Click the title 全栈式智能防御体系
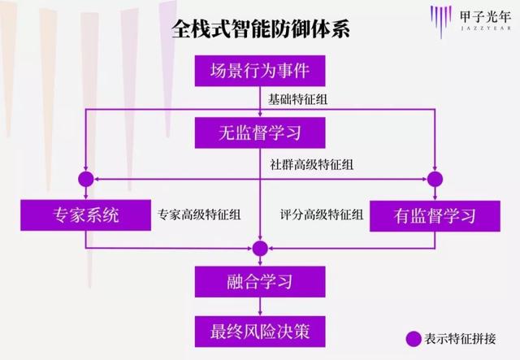(x=261, y=29)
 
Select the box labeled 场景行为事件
(x=260, y=71)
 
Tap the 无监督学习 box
(x=260, y=132)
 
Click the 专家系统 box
(x=85, y=215)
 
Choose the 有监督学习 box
(x=435, y=216)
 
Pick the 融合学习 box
(x=260, y=282)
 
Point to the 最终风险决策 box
(x=260, y=332)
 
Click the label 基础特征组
(x=297, y=99)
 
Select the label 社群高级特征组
(x=311, y=164)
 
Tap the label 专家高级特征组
(x=199, y=215)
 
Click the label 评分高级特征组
(x=322, y=215)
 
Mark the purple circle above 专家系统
(x=86, y=179)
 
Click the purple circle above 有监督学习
(x=435, y=179)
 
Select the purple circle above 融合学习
(x=260, y=248)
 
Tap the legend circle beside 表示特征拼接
(x=414, y=339)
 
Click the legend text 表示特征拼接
(x=461, y=339)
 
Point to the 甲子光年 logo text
(x=485, y=16)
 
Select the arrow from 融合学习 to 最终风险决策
(x=260, y=306)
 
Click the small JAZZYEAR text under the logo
(x=486, y=28)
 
